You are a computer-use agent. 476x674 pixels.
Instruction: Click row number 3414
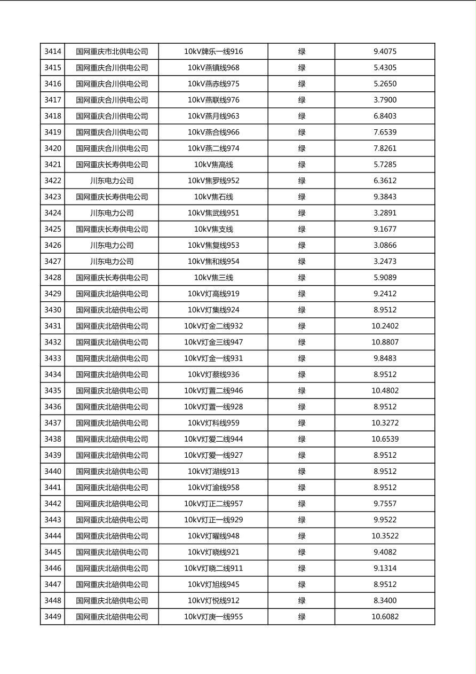click(x=53, y=52)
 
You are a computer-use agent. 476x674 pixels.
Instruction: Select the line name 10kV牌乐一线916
click(x=213, y=52)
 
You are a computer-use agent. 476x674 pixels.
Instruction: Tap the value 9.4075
click(x=385, y=52)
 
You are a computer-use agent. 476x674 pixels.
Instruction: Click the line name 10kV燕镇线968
click(x=213, y=68)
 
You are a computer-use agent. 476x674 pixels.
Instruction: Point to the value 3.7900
click(x=385, y=100)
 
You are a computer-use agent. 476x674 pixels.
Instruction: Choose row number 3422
click(x=53, y=181)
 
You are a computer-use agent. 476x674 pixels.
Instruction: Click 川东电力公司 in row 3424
click(x=112, y=213)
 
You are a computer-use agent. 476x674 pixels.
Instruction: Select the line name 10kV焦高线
click(x=213, y=164)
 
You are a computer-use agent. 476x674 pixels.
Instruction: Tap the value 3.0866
click(x=385, y=245)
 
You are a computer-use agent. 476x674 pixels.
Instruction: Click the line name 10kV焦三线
click(x=213, y=278)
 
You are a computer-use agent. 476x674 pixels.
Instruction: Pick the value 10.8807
click(x=385, y=342)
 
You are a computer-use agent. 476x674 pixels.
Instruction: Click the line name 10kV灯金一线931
click(x=213, y=358)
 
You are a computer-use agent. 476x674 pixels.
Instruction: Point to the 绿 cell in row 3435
click(x=302, y=390)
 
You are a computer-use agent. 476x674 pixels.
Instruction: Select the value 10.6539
click(x=385, y=439)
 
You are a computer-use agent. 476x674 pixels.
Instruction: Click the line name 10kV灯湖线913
click(x=213, y=472)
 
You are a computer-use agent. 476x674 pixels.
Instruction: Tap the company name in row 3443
click(x=112, y=520)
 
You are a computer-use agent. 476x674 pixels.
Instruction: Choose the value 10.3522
click(x=385, y=536)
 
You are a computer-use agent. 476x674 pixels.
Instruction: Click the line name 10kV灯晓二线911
click(x=213, y=568)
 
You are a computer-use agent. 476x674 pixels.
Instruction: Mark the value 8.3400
click(x=385, y=600)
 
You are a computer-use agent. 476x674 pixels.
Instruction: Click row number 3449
click(x=53, y=617)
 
